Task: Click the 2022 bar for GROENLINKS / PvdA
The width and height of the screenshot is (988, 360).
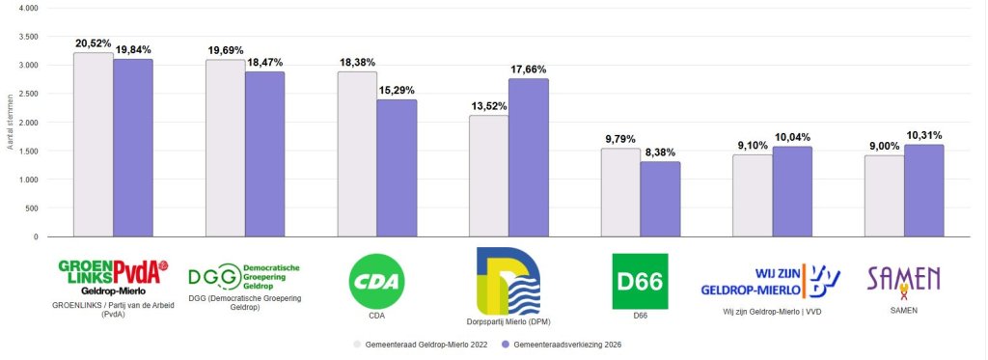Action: (x=93, y=145)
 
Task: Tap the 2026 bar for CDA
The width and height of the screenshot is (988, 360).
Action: (x=397, y=168)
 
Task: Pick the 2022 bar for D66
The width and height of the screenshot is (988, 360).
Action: (x=620, y=192)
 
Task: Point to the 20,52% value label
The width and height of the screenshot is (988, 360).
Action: (x=95, y=43)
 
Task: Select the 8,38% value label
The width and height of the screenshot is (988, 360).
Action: (x=660, y=152)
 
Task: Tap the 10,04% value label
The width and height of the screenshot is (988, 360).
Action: (x=792, y=136)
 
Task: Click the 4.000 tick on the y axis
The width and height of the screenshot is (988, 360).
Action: (x=29, y=8)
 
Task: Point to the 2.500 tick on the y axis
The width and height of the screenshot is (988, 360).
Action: (x=29, y=94)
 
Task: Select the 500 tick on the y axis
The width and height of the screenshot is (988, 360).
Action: (x=32, y=208)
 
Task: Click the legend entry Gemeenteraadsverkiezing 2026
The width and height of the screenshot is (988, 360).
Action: (x=571, y=344)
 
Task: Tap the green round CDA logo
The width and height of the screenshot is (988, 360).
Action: (x=376, y=281)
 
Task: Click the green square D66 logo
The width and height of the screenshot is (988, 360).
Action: (x=640, y=281)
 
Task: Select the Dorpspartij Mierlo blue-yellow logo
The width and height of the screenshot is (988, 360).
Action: (x=508, y=281)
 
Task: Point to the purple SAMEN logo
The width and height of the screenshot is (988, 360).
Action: (x=903, y=281)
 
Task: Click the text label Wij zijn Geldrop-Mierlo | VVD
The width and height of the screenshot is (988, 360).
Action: (x=771, y=312)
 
